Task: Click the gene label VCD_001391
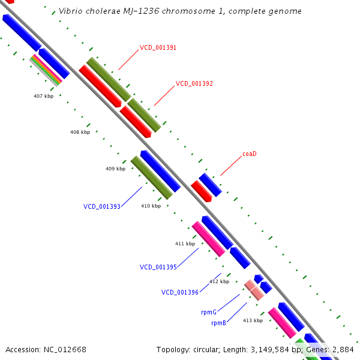(x=158, y=47)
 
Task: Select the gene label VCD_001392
(x=194, y=84)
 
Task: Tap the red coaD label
(x=250, y=154)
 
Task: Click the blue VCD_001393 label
(x=102, y=206)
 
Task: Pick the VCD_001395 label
(x=158, y=267)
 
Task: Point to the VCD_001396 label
(x=180, y=293)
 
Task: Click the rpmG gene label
(x=209, y=312)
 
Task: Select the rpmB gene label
(x=218, y=323)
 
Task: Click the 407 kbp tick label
(x=43, y=96)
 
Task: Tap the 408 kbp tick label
(x=80, y=132)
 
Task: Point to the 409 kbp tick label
(x=115, y=169)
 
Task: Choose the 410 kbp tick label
(x=151, y=206)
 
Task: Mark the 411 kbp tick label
(x=185, y=244)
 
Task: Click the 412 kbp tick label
(x=219, y=281)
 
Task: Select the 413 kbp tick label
(x=253, y=320)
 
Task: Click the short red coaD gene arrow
(x=202, y=191)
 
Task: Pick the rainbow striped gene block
(x=46, y=70)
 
